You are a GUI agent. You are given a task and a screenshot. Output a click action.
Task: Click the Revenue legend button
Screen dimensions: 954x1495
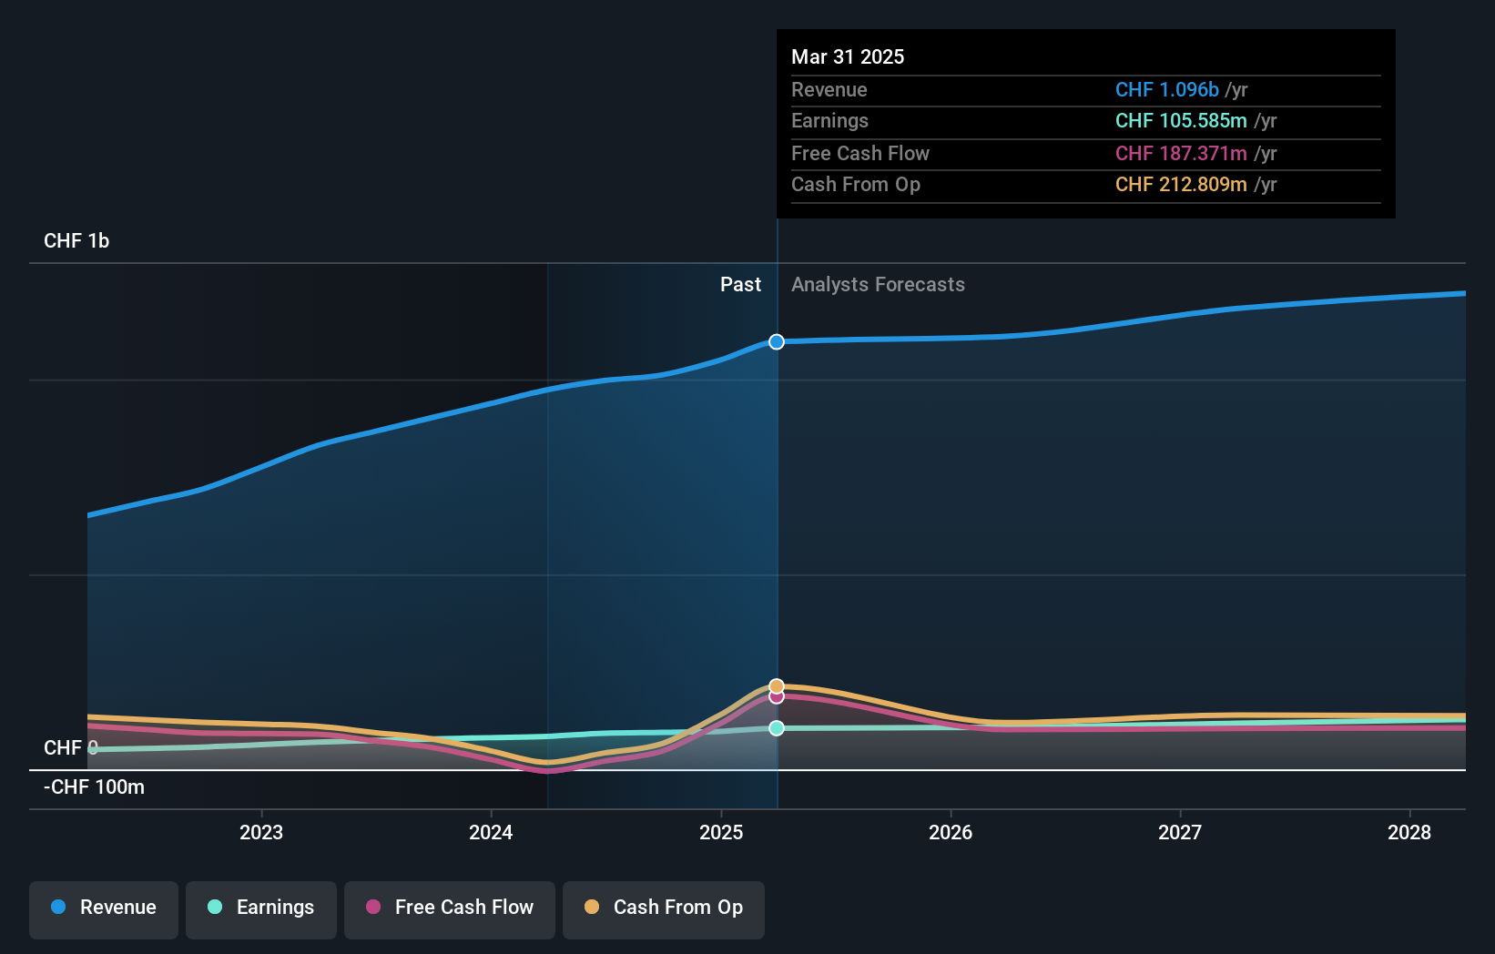(104, 908)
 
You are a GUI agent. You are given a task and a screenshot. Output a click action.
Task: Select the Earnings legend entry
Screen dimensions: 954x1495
(261, 908)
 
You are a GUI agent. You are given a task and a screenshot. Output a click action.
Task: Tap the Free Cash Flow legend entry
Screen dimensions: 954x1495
(450, 908)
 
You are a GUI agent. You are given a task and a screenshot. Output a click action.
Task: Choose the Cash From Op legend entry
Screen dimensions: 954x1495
(664, 908)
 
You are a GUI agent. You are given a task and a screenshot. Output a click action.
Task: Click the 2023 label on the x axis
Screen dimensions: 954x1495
(261, 832)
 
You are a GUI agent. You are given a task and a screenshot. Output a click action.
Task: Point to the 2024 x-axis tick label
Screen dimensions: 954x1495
(491, 832)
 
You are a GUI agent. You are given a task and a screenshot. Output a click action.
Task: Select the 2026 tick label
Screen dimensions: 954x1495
(951, 832)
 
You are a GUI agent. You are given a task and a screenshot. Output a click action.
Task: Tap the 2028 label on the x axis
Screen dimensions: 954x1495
(1409, 832)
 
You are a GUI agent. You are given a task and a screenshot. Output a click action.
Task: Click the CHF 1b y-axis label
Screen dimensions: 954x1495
(76, 241)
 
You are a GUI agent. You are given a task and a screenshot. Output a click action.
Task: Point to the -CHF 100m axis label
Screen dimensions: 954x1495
(95, 787)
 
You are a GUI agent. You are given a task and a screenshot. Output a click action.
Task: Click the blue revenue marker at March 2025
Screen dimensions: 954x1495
(777, 342)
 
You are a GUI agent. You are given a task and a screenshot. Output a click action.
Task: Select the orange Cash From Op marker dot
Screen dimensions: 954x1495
(777, 685)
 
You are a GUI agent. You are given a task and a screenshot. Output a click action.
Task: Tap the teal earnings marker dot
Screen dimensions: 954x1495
(777, 728)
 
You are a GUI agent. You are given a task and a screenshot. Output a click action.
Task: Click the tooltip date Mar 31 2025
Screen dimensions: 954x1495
(848, 57)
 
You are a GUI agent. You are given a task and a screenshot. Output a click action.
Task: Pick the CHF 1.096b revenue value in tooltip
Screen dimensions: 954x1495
(1166, 90)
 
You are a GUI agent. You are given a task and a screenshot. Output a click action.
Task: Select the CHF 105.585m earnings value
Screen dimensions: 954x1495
(1181, 121)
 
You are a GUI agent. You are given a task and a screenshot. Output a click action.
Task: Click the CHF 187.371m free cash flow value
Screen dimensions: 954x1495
(1181, 154)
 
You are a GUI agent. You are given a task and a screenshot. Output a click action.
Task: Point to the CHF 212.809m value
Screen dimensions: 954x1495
(1181, 185)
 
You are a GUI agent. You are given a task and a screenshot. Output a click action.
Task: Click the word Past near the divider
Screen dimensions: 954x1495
(740, 285)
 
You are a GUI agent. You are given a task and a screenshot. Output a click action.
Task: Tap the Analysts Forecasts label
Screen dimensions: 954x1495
(878, 285)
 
